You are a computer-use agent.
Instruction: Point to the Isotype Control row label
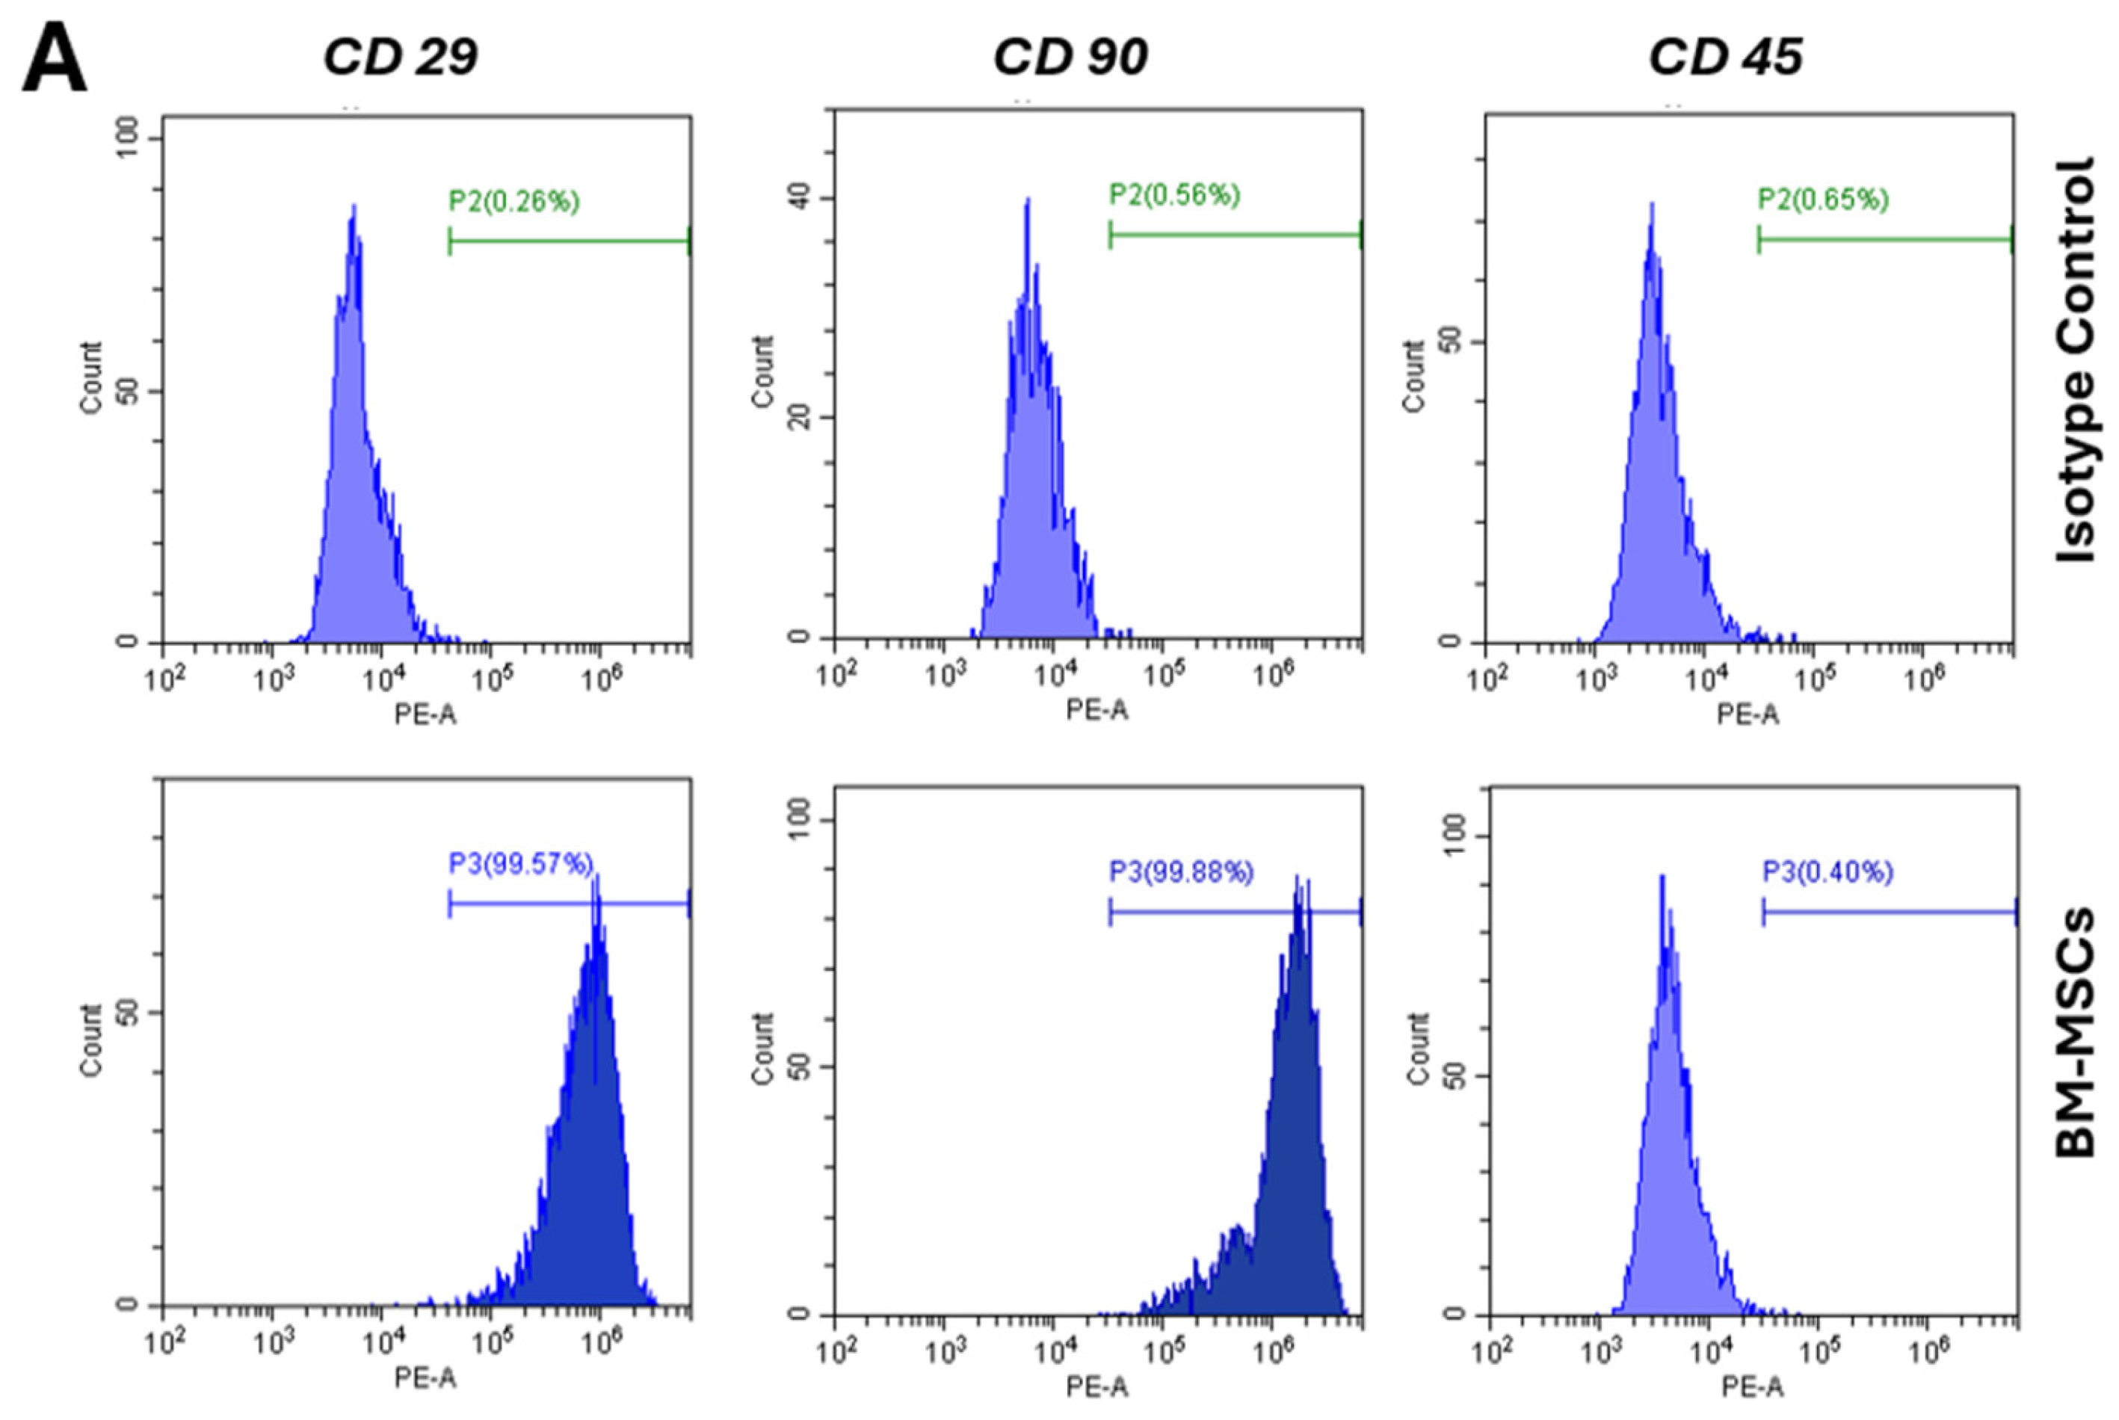coord(2076,360)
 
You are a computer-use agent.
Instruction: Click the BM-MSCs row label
coord(2076,1032)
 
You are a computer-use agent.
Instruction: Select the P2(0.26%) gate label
coord(513,201)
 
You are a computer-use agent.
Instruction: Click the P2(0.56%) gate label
coord(1174,195)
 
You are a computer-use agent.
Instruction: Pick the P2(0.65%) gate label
coord(1823,200)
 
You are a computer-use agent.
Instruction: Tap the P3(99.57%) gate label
coord(521,864)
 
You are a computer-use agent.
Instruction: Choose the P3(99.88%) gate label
coord(1181,872)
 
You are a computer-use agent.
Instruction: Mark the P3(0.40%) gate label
coord(1827,872)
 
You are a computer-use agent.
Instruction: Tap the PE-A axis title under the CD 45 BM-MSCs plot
coord(1751,1386)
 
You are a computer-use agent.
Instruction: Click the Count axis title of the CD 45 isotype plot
coord(1413,377)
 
